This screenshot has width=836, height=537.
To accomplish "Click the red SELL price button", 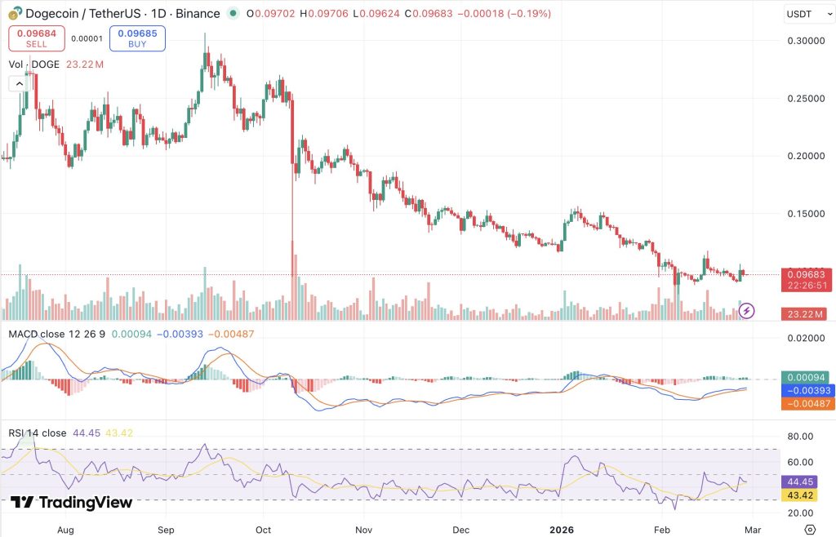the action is pyautogui.click(x=36, y=38).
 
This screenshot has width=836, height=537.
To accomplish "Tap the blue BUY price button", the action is pyautogui.click(x=137, y=38).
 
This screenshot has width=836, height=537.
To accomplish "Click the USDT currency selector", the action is pyautogui.click(x=808, y=15).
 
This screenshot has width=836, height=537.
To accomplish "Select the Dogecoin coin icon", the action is pyautogui.click(x=16, y=13).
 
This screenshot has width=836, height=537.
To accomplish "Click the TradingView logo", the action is pyautogui.click(x=72, y=502).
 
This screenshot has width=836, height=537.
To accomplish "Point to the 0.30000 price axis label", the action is pyautogui.click(x=806, y=41).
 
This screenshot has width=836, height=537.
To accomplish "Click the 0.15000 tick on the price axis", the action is pyautogui.click(x=806, y=214).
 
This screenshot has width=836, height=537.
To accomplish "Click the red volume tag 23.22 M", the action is pyautogui.click(x=806, y=314).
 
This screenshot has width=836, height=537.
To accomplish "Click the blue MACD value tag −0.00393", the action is pyautogui.click(x=807, y=390).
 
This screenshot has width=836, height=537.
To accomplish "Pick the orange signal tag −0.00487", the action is pyautogui.click(x=807, y=403).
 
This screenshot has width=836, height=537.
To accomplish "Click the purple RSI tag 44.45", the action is pyautogui.click(x=800, y=482).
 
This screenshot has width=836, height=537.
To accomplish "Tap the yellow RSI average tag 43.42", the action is pyautogui.click(x=800, y=495).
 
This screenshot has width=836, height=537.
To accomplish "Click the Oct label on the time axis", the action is pyautogui.click(x=263, y=530).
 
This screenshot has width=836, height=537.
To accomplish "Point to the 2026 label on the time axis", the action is pyautogui.click(x=562, y=530).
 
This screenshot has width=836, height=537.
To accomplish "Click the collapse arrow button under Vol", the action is pyautogui.click(x=20, y=83).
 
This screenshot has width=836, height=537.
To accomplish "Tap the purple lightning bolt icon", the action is pyautogui.click(x=746, y=311).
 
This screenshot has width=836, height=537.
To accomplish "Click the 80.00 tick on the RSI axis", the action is pyautogui.click(x=800, y=437).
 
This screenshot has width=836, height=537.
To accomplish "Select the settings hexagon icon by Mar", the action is pyautogui.click(x=810, y=530).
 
